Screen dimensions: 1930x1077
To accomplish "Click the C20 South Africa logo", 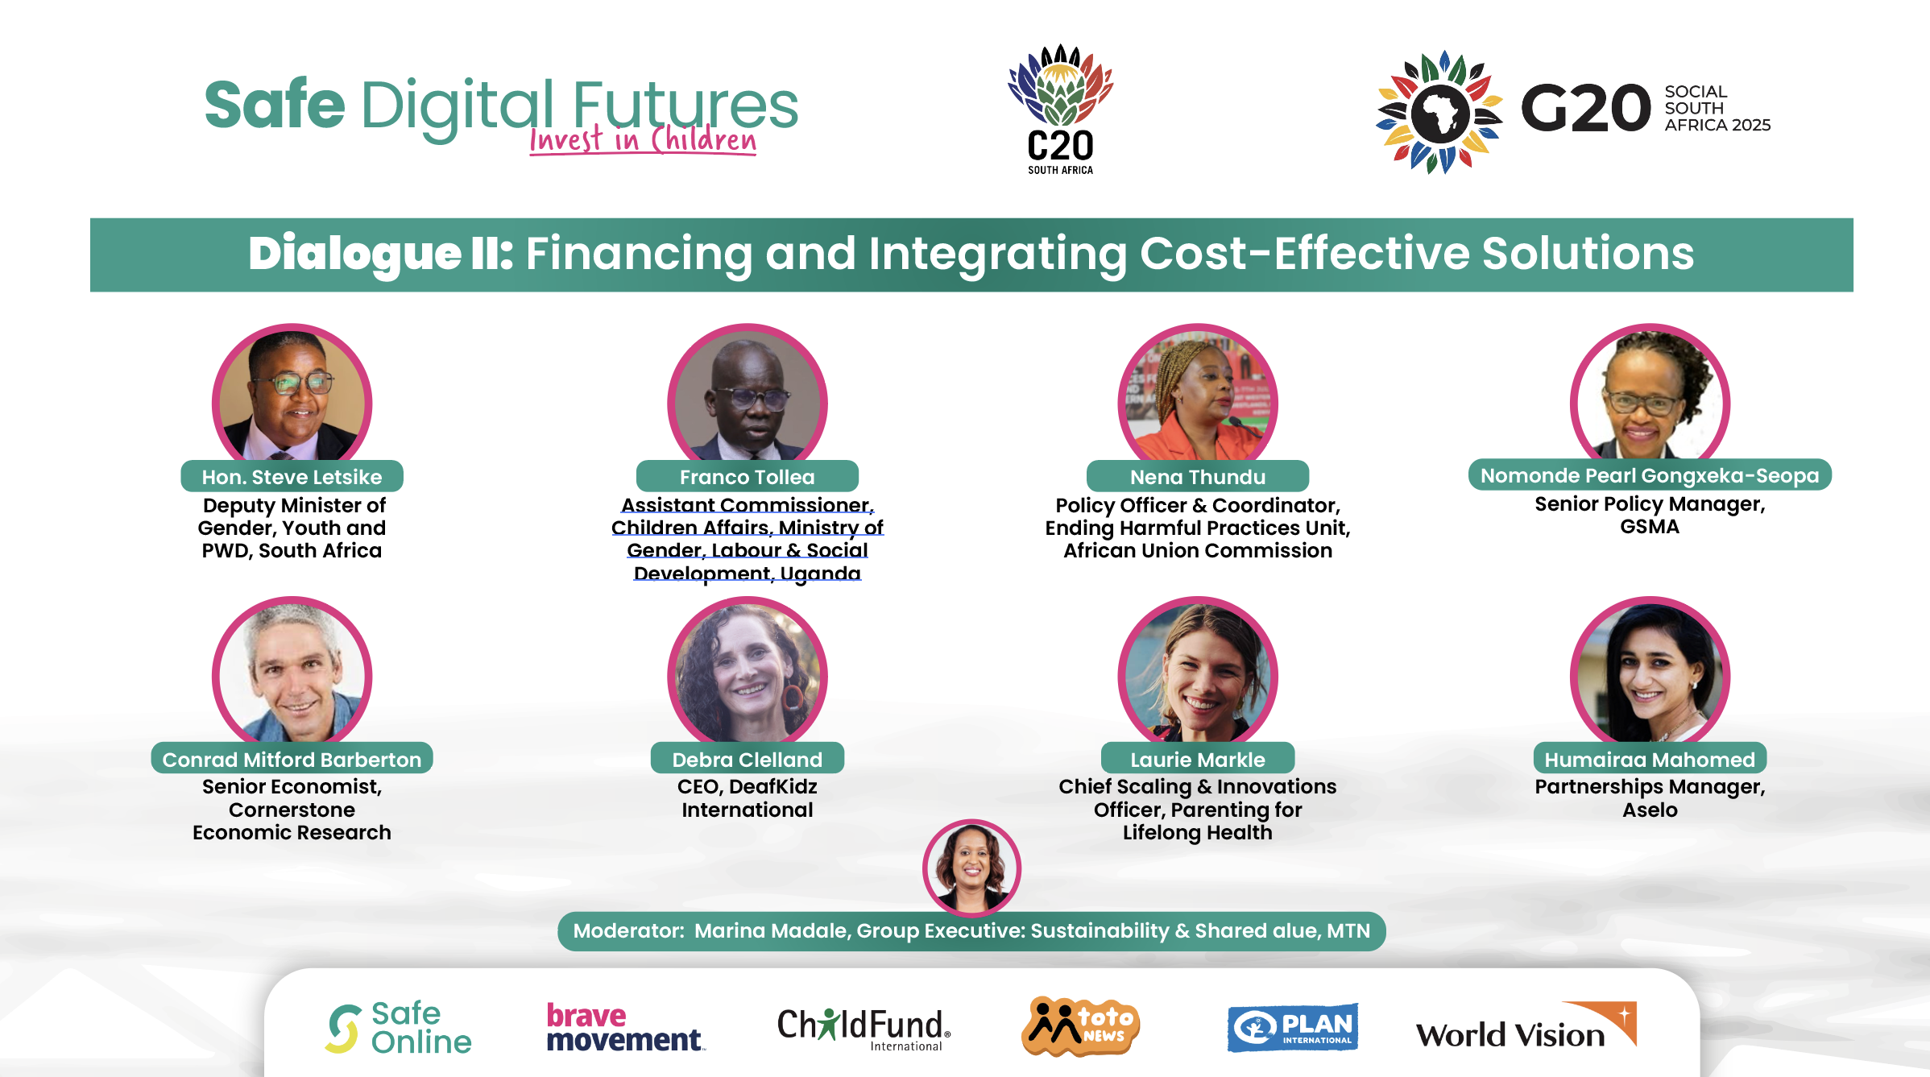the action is point(1060,109).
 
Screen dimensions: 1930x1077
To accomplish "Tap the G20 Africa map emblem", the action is point(1439,112).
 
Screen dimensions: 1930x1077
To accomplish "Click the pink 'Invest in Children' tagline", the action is point(643,139).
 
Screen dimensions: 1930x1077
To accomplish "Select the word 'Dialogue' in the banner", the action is point(354,254).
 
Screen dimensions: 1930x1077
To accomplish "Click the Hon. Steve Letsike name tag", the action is point(292,476).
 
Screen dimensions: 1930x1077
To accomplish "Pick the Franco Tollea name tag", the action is point(748,476).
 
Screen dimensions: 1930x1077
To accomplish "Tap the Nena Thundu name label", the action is point(1198,476).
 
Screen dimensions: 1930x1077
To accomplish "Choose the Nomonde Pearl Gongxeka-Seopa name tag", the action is point(1650,474).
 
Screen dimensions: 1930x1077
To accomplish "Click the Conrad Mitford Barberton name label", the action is point(292,759).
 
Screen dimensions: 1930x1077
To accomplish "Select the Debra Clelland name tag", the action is point(748,759).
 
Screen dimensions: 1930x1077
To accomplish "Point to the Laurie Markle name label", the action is point(1198,759).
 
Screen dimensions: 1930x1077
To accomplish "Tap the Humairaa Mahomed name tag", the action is point(1650,759).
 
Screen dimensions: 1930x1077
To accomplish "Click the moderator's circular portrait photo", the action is point(971,868).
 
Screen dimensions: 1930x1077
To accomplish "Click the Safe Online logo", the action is point(399,1027).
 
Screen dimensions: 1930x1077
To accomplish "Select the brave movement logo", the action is point(626,1027).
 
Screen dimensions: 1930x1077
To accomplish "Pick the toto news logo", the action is point(1080,1025).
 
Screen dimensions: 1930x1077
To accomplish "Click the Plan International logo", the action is point(1293,1027).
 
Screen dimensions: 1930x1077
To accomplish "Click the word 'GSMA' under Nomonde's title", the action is point(1650,527).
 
